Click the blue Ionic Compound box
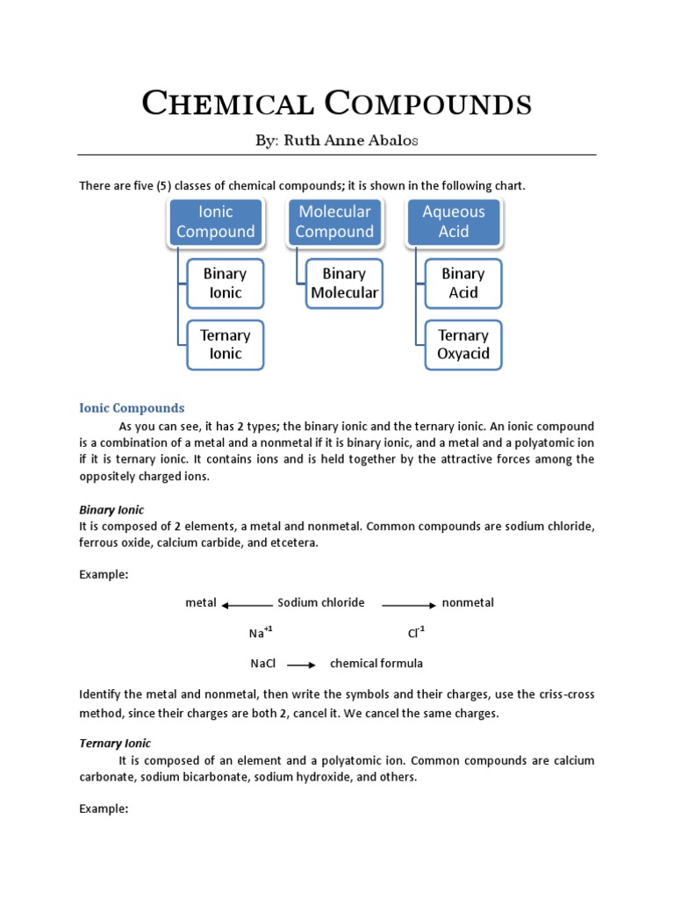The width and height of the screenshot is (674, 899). coord(215,221)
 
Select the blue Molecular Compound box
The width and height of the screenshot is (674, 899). coord(334,221)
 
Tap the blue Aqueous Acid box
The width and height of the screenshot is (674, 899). coord(454,221)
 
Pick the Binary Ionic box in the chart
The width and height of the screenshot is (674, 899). coord(225,283)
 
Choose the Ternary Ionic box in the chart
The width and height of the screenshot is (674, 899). coord(225,344)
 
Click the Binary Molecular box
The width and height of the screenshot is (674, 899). coord(344,283)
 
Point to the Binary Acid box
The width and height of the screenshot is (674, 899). coord(463,283)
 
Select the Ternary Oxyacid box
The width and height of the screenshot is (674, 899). coord(463,344)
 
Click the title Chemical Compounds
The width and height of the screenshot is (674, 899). coord(337,104)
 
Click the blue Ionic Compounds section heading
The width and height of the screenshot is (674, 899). coord(132,408)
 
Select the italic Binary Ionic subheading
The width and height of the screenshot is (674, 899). coord(111,509)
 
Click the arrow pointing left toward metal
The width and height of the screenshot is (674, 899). coord(247,605)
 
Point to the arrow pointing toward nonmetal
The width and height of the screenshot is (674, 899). coord(408,605)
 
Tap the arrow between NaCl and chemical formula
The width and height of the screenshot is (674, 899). coord(301,665)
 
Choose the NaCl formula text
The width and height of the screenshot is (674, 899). coord(263,664)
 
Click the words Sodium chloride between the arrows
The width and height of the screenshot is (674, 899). coord(321,602)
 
